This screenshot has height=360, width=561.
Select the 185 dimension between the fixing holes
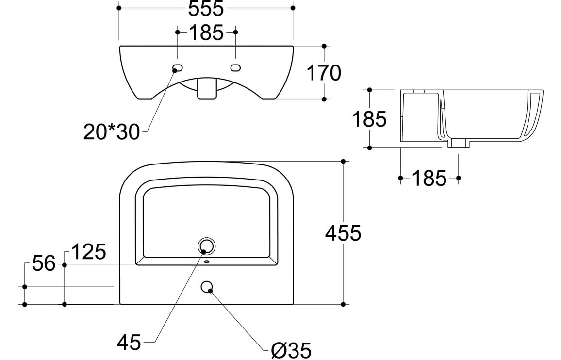coord(206,33)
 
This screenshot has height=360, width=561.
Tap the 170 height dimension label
coord(324,73)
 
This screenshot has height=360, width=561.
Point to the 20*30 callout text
coord(111,132)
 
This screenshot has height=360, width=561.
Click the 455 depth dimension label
coord(343,233)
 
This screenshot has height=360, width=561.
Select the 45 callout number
coord(129,343)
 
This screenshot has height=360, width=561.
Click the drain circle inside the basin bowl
coord(207,246)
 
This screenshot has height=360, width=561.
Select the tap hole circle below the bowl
coord(207,287)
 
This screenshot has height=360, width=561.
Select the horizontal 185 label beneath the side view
coord(429,179)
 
